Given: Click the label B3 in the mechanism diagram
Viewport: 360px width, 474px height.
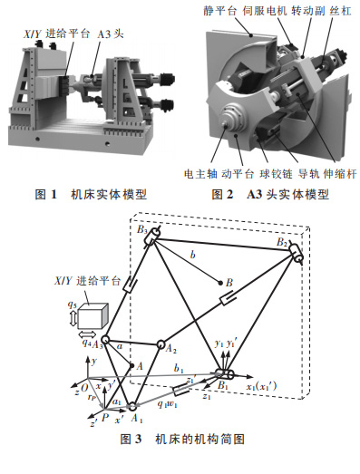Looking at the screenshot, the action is point(141,229).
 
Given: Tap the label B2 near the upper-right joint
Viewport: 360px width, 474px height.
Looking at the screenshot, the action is point(282,242).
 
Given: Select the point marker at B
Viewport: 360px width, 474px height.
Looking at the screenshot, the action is point(221,284).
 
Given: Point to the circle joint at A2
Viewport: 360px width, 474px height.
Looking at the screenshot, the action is point(161,344).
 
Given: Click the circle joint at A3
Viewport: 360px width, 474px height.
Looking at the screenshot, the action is point(105,339).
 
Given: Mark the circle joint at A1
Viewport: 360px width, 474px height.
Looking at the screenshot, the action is point(131,406).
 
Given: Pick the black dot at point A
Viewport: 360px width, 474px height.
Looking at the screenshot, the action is point(131,366).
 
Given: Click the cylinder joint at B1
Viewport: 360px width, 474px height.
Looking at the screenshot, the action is point(226,374).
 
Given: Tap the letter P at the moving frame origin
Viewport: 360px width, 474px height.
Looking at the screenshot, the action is point(105,418).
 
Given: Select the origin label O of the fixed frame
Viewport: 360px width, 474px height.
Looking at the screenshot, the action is point(84,388).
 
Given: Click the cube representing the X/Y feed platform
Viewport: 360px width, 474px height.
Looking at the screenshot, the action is point(92,316).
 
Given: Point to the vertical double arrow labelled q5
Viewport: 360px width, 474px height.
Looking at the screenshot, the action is point(73,319).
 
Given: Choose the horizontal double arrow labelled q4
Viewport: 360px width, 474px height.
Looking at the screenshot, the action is point(87,334).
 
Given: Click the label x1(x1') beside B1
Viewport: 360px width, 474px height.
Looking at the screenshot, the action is point(261,386).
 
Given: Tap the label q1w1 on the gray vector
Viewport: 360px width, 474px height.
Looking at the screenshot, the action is point(167,404).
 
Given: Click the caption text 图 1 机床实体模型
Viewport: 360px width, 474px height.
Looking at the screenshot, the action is point(91,194).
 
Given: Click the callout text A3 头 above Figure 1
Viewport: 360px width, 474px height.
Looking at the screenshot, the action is point(111,34).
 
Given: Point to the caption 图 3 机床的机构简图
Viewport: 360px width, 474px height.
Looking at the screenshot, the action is point(182,439).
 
